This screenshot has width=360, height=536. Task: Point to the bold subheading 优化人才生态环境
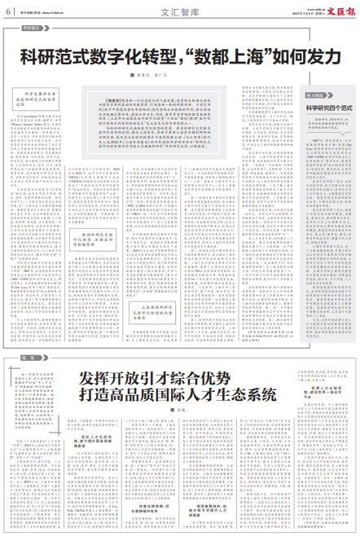pos(92,440)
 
